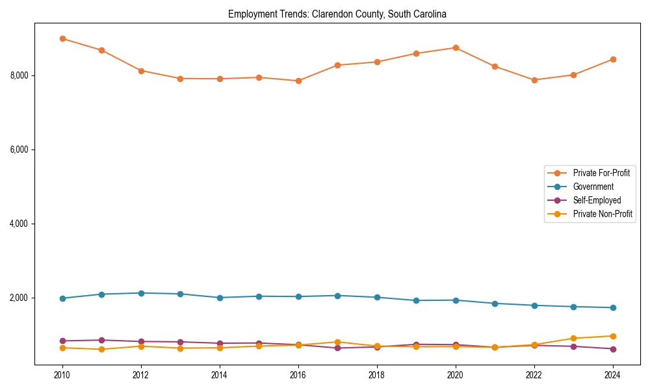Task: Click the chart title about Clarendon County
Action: pos(337,14)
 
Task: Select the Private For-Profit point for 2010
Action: pos(62,38)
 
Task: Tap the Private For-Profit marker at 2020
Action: pos(456,47)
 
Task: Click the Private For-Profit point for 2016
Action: pos(298,81)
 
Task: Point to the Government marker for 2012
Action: pos(141,293)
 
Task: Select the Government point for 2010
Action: pos(62,298)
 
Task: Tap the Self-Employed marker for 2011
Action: pos(102,340)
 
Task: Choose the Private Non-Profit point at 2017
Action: pos(338,342)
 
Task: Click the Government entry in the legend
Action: pos(593,187)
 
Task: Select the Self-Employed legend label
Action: pos(597,200)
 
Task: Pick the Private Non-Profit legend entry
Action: pos(603,214)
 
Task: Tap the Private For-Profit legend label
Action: pos(601,173)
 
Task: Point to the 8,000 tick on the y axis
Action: pos(20,75)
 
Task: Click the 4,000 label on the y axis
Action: pos(20,224)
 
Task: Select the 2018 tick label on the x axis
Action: pos(377,375)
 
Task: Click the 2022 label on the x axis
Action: pos(534,375)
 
